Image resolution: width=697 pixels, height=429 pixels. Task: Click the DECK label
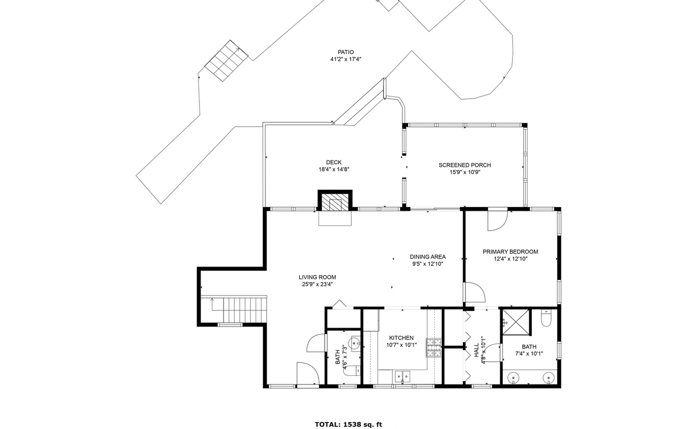[333, 162]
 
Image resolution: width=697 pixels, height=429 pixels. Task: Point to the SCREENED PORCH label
[464, 165]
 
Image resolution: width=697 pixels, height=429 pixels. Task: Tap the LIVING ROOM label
[317, 277]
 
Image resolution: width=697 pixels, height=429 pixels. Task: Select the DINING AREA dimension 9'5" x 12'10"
[427, 264]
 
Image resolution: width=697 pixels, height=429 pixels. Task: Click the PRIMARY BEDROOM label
[510, 252]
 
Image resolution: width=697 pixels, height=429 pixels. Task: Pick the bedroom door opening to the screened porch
[497, 220]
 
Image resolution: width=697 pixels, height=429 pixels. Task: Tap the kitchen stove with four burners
[433, 347]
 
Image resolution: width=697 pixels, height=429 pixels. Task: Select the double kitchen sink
[402, 377]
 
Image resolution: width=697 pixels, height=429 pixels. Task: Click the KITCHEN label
[401, 338]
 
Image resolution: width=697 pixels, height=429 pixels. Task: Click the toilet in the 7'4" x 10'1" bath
[546, 320]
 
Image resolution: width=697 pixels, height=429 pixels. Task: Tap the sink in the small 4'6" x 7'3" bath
[354, 342]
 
